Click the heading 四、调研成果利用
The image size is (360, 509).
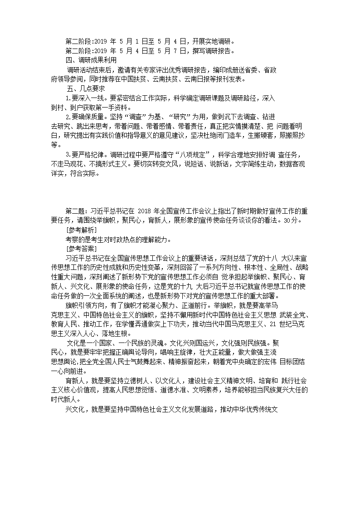tap(88, 60)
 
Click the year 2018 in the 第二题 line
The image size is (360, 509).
tap(143, 211)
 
